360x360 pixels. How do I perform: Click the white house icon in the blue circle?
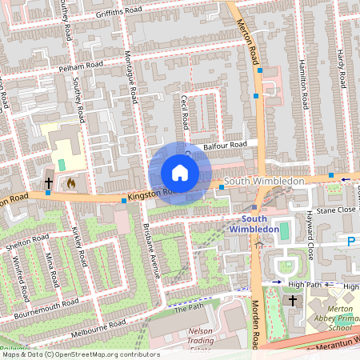pyautogui.click(x=180, y=173)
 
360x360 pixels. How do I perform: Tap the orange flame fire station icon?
pyautogui.click(x=70, y=183)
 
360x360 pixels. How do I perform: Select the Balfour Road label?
pyautogui.click(x=222, y=146)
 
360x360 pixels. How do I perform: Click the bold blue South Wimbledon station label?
pyautogui.click(x=265, y=224)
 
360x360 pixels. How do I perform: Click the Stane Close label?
pyautogui.click(x=334, y=210)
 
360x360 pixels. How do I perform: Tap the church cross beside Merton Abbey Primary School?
pyautogui.click(x=292, y=301)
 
